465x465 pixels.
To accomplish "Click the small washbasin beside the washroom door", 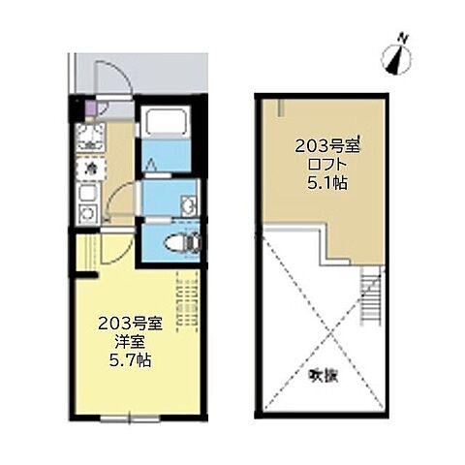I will [x=188, y=204].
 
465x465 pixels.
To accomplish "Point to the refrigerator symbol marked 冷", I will [x=90, y=170].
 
